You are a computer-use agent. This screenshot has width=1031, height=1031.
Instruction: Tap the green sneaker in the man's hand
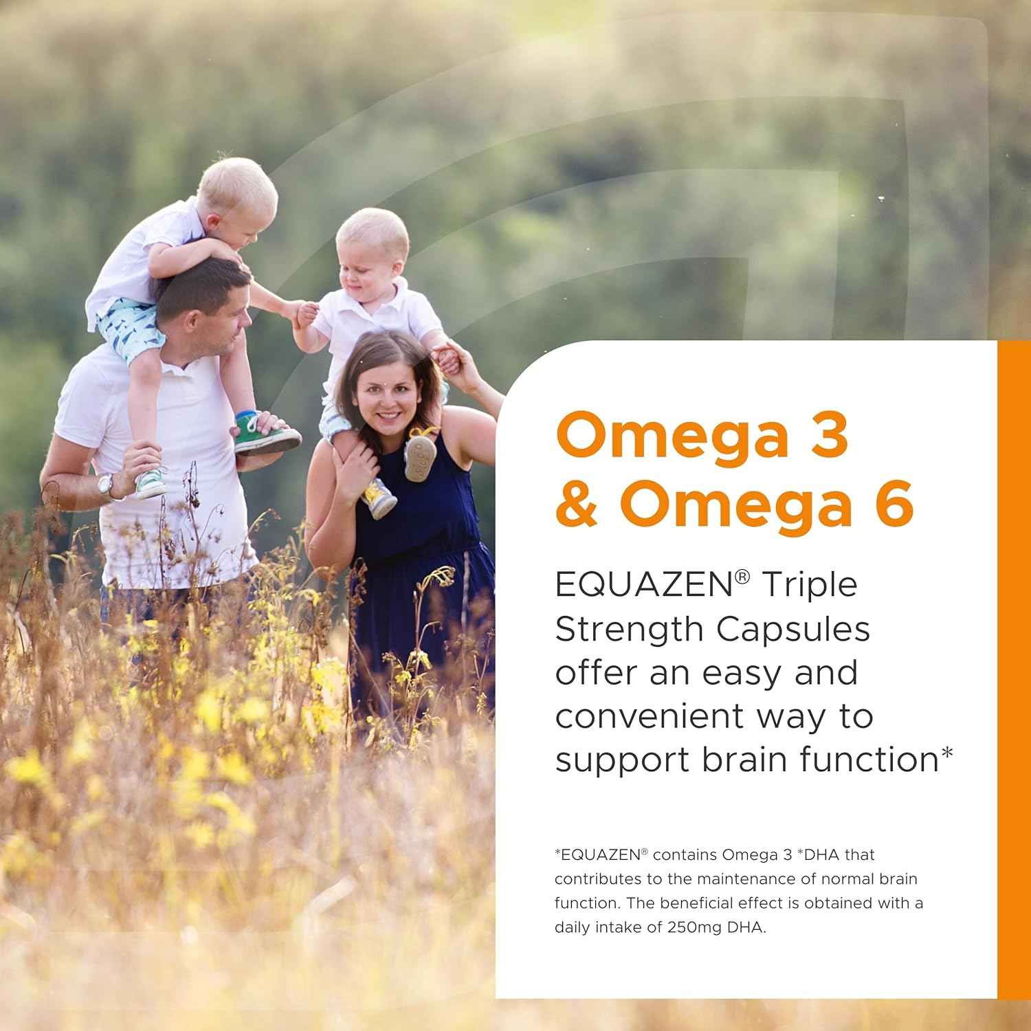(267, 434)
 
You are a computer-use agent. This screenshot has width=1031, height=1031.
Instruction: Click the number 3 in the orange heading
(830, 435)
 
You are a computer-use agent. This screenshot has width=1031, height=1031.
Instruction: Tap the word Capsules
(793, 630)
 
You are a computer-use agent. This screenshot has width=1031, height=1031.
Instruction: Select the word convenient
(650, 717)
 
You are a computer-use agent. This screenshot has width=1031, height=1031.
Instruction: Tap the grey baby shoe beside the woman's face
(420, 453)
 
